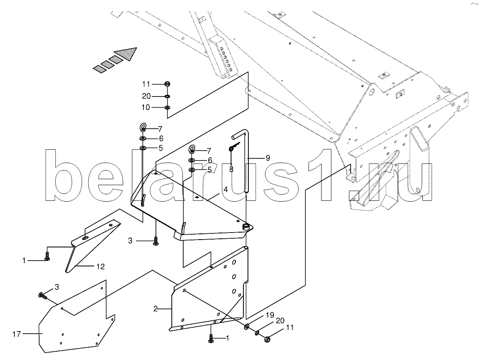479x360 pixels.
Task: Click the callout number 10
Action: (x=146, y=108)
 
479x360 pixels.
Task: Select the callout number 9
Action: (x=268, y=158)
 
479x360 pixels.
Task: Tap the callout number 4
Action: (x=225, y=189)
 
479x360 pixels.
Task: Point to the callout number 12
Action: (x=101, y=266)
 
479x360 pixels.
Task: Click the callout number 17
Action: (x=17, y=334)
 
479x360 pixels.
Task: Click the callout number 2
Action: (x=156, y=309)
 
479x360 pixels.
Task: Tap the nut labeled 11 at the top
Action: (x=168, y=84)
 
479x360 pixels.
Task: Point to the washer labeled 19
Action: (x=247, y=327)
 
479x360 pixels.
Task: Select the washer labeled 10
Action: (x=168, y=108)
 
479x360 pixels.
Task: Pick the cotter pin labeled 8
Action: (x=234, y=147)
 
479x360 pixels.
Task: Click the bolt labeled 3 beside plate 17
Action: (x=43, y=296)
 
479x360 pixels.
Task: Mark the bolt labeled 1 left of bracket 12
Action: (x=47, y=256)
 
